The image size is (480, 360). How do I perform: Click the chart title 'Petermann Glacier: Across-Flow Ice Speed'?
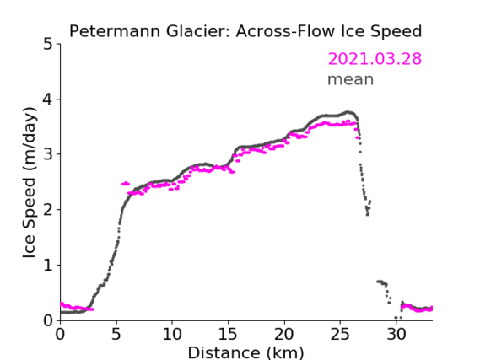click(245, 31)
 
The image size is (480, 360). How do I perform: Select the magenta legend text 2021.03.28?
click(375, 59)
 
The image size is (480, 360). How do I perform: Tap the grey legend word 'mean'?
click(351, 79)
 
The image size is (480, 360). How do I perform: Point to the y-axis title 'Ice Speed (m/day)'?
click(30, 182)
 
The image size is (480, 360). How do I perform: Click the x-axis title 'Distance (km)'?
click(245, 352)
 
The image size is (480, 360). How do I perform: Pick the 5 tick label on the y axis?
click(48, 45)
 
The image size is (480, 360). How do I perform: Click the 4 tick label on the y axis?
click(48, 99)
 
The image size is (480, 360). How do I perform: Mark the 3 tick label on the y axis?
click(48, 154)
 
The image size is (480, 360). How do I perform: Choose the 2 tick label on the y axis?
click(48, 210)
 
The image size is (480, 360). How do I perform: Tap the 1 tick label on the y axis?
click(48, 266)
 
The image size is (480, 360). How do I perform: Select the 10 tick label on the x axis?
click(172, 334)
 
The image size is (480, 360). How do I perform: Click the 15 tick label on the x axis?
click(228, 334)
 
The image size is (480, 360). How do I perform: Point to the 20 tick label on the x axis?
click(283, 334)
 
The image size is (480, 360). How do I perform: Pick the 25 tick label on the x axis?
click(340, 334)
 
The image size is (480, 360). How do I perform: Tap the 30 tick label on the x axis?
click(396, 334)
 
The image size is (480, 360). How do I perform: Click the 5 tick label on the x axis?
click(116, 334)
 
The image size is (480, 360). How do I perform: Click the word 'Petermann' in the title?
click(115, 31)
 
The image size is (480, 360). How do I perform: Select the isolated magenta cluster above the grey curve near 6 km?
click(126, 184)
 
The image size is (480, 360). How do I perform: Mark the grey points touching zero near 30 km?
click(398, 318)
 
